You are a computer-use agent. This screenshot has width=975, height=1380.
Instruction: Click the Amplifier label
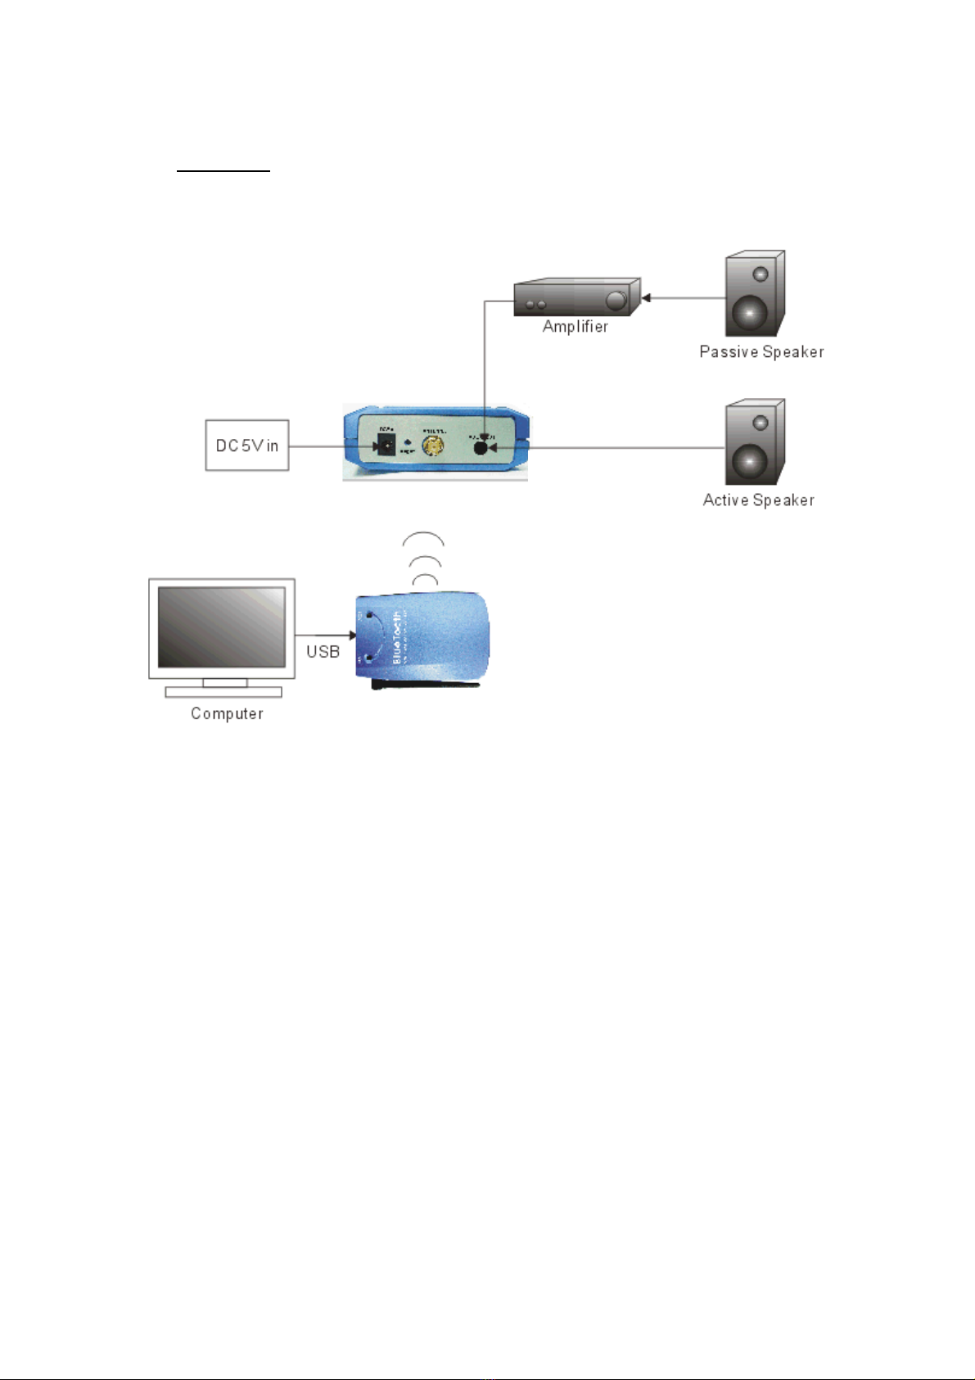click(x=575, y=326)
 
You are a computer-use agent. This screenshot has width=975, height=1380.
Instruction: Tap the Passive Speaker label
click(x=761, y=351)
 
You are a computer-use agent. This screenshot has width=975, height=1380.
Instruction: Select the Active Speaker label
click(x=758, y=500)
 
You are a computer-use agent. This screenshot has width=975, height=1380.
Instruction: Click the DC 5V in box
click(x=246, y=446)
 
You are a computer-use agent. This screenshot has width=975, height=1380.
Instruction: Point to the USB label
click(x=323, y=651)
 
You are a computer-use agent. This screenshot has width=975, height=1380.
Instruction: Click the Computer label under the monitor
click(x=227, y=713)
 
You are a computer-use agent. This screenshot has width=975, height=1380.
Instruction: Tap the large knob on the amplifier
click(x=614, y=302)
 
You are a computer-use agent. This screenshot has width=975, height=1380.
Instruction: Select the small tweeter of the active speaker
click(x=761, y=423)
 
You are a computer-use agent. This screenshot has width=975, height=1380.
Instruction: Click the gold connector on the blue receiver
click(x=433, y=446)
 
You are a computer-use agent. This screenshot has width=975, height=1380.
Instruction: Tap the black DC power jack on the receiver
click(x=384, y=446)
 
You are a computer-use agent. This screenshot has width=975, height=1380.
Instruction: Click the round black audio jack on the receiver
click(x=481, y=447)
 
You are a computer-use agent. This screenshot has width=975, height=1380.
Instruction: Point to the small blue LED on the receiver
click(x=408, y=442)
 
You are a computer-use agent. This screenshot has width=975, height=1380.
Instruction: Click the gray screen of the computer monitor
click(x=221, y=627)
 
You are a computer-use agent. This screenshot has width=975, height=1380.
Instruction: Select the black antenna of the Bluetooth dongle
click(x=426, y=682)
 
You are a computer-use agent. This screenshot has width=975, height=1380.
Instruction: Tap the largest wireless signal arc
click(x=423, y=538)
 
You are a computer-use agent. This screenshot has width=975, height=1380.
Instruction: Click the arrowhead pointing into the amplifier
click(x=645, y=298)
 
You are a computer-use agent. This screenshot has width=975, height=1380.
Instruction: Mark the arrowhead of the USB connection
click(x=352, y=635)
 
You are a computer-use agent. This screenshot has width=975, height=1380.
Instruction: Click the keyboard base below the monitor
click(x=223, y=692)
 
